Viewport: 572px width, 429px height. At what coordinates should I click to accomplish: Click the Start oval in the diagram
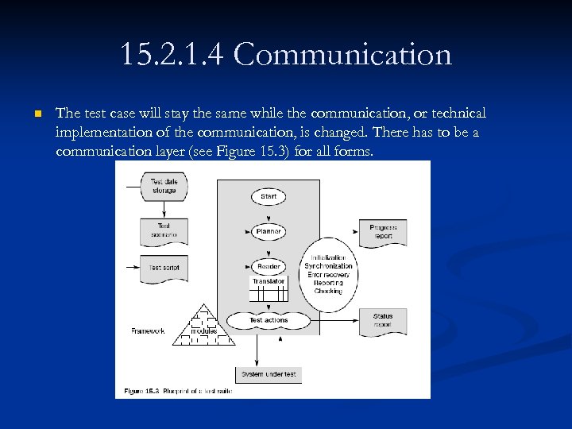[x=269, y=196]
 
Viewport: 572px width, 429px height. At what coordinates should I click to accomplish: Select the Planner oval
[x=269, y=232]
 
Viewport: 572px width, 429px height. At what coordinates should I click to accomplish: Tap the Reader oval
[x=269, y=267]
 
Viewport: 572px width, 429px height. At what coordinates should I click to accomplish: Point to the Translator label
[x=269, y=281]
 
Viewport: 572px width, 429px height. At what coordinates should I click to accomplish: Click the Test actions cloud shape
[x=269, y=320]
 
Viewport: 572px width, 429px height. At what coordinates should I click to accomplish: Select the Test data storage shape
[x=164, y=186]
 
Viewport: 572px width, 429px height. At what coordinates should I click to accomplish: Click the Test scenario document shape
[x=164, y=230]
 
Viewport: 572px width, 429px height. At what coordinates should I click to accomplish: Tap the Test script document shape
[x=164, y=269]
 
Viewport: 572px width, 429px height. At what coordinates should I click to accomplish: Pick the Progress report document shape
[x=383, y=231]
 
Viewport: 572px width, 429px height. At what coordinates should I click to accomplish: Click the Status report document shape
[x=383, y=320]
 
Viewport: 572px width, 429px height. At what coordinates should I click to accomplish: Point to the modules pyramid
[x=204, y=327]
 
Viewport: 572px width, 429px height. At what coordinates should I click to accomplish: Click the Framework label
[x=148, y=330]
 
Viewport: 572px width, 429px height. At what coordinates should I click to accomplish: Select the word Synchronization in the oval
[x=328, y=266]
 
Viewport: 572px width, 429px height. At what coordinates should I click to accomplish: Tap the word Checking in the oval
[x=328, y=292]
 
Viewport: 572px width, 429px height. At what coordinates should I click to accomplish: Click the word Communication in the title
[x=342, y=55]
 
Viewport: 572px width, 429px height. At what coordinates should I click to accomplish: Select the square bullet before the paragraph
[x=37, y=115]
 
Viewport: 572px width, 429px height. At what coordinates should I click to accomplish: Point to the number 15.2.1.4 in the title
[x=172, y=55]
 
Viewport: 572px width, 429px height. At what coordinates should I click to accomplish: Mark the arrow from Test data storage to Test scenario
[x=164, y=209]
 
